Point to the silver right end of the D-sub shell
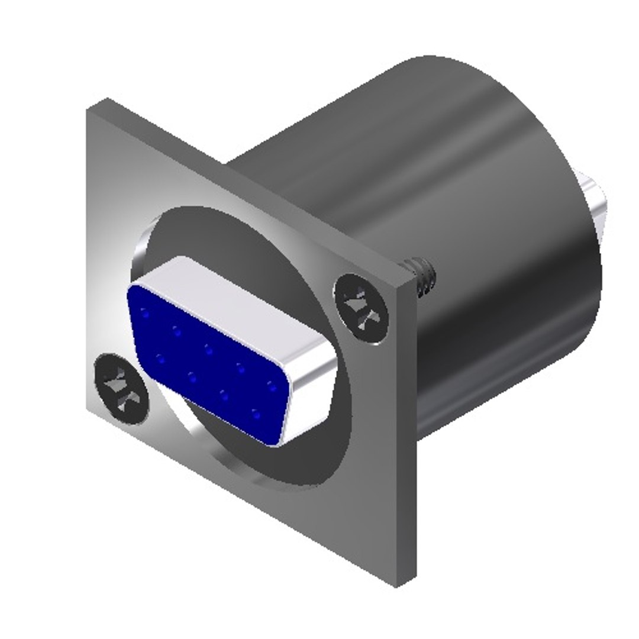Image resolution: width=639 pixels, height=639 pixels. (311, 402)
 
